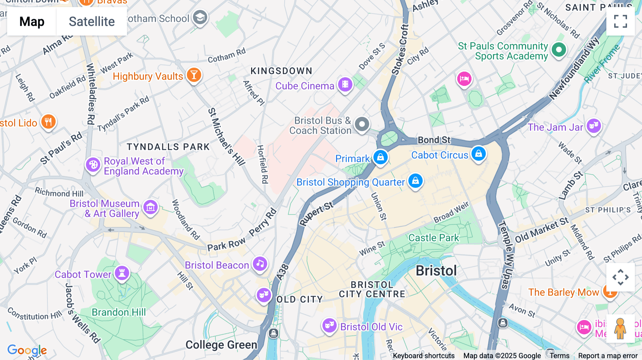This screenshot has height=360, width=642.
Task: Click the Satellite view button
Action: tap(92, 21)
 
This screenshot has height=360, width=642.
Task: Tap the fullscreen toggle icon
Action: tap(620, 21)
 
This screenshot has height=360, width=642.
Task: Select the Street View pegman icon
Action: tap(620, 328)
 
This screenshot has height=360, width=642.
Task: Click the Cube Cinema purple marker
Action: tap(345, 85)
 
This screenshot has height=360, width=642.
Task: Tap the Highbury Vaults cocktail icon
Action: tap(194, 75)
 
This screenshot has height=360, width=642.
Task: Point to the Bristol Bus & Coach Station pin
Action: tap(362, 124)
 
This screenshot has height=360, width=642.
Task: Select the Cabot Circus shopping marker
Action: tap(478, 154)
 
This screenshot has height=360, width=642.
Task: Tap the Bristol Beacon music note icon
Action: tap(260, 264)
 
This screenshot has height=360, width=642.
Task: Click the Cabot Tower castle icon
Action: tap(122, 273)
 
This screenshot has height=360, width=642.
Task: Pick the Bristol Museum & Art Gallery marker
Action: tap(150, 207)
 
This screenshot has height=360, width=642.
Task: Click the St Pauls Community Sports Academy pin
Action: tap(559, 50)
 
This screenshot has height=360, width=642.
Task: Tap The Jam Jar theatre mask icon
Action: tap(593, 125)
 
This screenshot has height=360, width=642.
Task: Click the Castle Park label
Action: tap(433, 238)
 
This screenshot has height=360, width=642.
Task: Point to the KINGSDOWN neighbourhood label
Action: tap(281, 71)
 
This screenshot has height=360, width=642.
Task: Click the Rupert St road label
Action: tap(316, 214)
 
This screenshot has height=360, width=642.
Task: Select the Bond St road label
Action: tap(434, 140)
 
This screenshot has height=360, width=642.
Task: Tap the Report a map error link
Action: tap(607, 356)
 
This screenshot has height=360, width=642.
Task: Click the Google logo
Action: tap(27, 350)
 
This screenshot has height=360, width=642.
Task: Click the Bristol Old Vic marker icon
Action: tap(329, 325)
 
